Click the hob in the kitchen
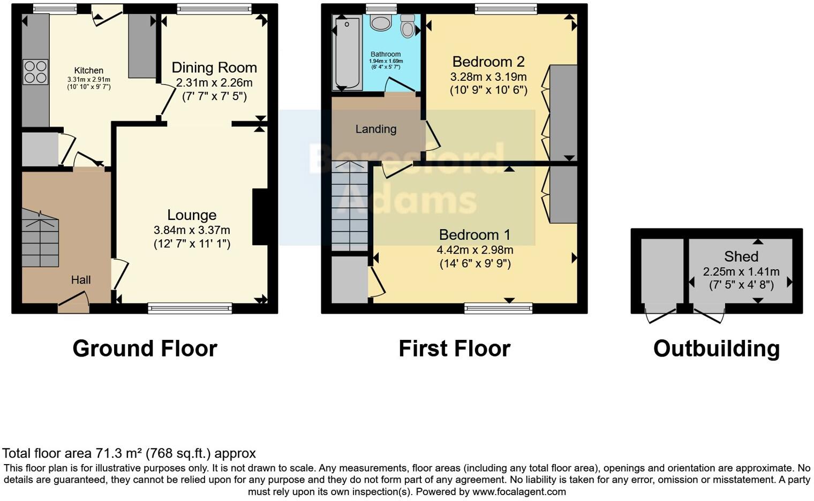35,72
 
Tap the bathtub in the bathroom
347,54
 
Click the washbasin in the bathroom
381,23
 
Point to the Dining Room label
214,68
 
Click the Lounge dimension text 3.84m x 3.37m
192,230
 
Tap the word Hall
81,280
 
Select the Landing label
376,129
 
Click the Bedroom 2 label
488,62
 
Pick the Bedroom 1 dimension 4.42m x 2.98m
474,250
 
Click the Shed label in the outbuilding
741,256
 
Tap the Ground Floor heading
145,348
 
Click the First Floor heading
454,348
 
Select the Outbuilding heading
716,348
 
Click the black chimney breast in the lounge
260,217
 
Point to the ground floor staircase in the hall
40,238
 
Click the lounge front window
190,308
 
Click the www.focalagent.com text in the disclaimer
518,491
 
